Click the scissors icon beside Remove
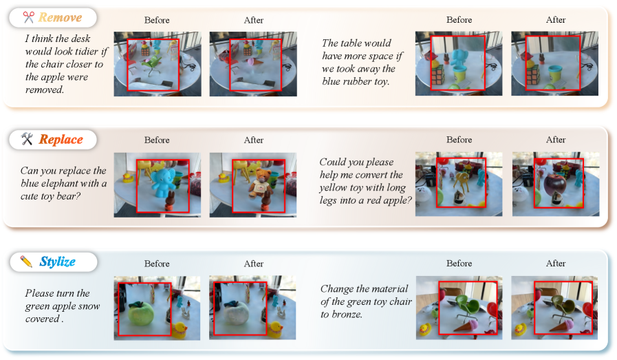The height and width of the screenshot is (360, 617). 28,17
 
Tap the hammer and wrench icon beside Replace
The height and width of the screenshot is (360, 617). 27,138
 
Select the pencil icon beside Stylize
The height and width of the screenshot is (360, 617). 26,261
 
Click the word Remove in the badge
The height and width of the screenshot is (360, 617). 61,17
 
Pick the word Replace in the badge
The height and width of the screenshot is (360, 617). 61,140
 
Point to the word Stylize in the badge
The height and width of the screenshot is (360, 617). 58,262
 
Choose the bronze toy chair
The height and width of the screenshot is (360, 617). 560,305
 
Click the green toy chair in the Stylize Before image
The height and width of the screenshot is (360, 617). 466,305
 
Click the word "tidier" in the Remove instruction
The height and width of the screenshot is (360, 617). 87,52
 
